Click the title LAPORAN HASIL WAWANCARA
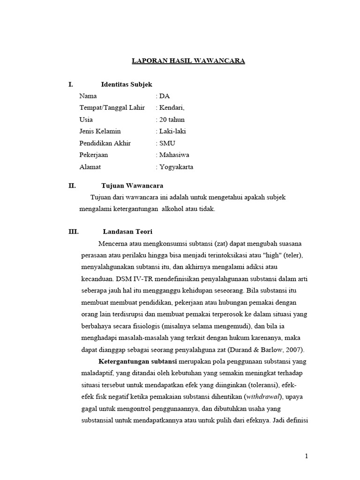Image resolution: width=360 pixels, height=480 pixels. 188,61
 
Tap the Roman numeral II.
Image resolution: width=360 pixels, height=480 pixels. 72,186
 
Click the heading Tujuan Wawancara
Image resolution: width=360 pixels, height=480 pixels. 132,186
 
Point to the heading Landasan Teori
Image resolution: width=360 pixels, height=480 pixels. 127,232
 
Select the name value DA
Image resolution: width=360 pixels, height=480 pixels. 165,96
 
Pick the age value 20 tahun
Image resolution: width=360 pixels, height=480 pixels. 172,120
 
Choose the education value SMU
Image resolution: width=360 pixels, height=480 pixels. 167,143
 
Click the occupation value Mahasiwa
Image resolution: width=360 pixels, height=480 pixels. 174,155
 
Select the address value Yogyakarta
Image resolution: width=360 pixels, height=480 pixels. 176,167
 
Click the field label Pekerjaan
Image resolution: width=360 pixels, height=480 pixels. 94,155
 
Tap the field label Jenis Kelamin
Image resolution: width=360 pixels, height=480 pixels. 100,131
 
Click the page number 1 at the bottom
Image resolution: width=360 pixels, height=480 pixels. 307,456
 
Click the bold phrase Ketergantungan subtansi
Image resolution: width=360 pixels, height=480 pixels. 137,361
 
